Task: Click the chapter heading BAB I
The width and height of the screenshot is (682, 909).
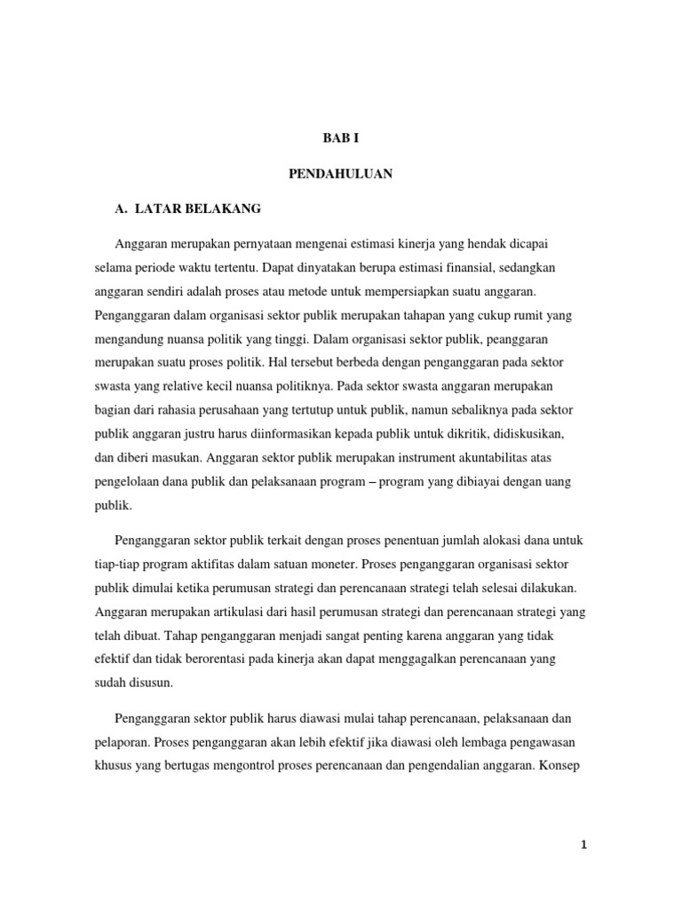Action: point(340,139)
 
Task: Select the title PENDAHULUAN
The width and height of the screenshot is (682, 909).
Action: point(340,174)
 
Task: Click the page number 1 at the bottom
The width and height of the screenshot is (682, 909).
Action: point(583,845)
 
